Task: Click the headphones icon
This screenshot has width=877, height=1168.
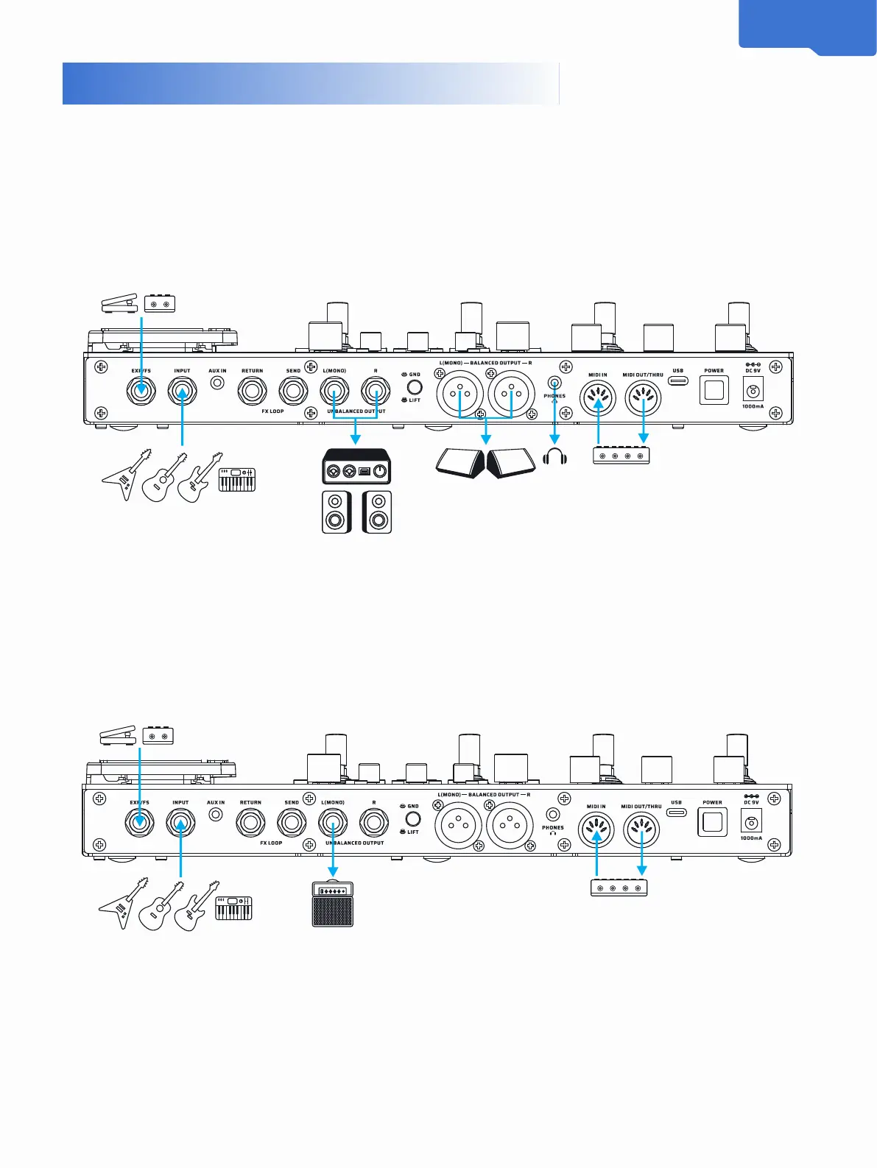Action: click(554, 457)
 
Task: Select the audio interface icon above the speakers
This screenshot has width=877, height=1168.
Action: click(356, 467)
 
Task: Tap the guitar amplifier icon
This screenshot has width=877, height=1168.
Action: click(333, 904)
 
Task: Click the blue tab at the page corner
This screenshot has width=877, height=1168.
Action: click(807, 26)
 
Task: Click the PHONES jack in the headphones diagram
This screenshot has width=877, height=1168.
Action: click(554, 382)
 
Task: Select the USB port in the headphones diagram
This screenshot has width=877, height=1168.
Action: click(677, 381)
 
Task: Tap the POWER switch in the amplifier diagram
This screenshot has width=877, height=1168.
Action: click(712, 821)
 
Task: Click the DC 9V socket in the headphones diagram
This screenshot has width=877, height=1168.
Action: click(753, 390)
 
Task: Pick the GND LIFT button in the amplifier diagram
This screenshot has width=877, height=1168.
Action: click(413, 818)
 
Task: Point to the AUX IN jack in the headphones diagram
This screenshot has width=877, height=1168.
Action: click(217, 383)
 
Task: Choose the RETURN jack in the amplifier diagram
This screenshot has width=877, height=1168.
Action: click(250, 822)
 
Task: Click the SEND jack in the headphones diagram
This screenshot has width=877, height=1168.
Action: click(293, 390)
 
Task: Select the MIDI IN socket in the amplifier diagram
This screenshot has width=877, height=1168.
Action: click(596, 830)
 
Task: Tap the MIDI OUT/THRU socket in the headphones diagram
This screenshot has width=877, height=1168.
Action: click(643, 398)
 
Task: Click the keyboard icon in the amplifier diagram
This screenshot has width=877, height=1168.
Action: click(233, 908)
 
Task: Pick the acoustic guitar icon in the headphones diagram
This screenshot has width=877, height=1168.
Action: click(161, 478)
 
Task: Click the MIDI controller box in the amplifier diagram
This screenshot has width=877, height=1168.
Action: click(619, 888)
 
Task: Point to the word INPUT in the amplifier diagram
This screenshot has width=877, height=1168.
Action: click(180, 802)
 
